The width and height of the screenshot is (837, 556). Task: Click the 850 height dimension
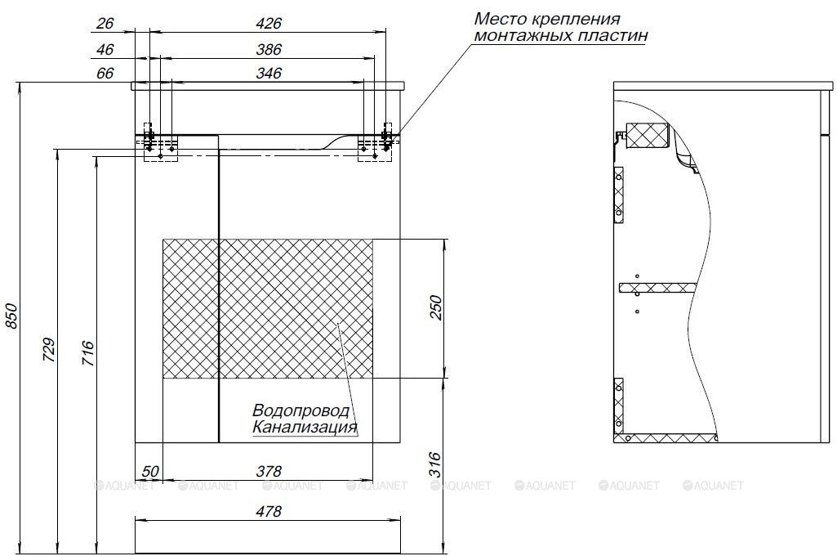point(11,316)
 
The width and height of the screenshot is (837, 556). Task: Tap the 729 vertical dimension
point(49,350)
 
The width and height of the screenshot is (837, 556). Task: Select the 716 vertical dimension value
point(87,353)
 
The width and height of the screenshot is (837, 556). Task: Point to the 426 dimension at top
point(268,24)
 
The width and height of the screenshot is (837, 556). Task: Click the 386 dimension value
point(268,49)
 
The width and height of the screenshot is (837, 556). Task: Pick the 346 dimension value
point(268,73)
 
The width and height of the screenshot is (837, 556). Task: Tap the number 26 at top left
point(105,24)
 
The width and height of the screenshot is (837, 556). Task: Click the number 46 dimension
point(105,49)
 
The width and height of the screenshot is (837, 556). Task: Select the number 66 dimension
point(105,73)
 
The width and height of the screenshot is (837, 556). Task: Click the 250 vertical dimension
point(436,307)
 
